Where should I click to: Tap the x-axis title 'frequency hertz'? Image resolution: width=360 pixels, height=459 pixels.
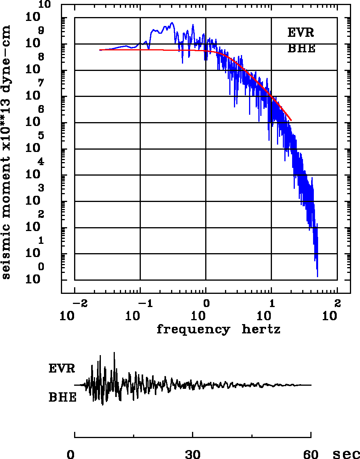click(218, 330)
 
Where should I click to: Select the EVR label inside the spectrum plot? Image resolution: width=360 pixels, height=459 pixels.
click(301, 33)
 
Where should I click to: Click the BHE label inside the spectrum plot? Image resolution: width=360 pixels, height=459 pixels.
click(301, 49)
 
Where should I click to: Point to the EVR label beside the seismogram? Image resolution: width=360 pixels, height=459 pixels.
click(62, 368)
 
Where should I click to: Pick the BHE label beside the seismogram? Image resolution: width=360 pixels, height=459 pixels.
click(62, 397)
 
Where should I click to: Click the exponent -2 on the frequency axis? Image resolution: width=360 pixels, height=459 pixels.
click(77, 302)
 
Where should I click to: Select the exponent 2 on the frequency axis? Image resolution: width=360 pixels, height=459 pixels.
click(337, 302)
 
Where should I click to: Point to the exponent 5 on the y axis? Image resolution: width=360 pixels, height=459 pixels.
click(41, 136)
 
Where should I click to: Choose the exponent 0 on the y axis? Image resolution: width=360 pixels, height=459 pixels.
click(41, 267)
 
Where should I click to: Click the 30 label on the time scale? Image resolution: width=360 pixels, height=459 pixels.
click(192, 454)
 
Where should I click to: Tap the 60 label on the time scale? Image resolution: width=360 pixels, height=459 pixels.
click(311, 454)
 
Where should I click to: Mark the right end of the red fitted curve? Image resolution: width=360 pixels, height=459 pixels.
click(291, 120)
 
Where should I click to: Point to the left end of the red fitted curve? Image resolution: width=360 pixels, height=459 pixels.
click(100, 50)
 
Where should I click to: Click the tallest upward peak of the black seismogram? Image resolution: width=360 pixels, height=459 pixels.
click(114, 352)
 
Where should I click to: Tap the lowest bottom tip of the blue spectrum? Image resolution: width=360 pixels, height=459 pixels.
click(317, 277)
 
